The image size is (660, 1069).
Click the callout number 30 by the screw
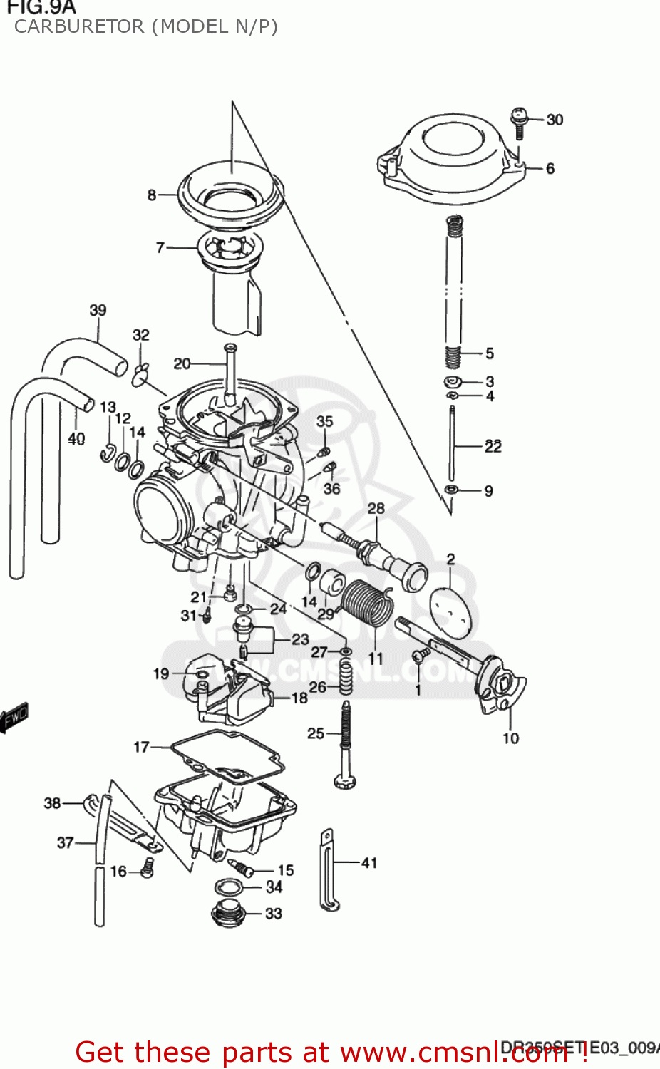555,120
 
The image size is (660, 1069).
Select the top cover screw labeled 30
519,123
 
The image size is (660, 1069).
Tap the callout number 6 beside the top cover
550,169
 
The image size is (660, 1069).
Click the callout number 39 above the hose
98,310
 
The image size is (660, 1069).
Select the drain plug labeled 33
229,914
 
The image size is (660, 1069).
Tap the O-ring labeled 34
228,887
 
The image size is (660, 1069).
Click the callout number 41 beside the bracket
369,863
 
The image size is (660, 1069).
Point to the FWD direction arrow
14,716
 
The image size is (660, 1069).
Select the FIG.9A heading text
40,7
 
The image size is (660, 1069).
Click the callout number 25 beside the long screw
316,733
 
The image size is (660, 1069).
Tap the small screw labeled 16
148,867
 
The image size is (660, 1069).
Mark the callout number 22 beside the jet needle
493,447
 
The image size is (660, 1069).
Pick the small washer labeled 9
451,490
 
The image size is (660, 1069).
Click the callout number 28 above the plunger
376,508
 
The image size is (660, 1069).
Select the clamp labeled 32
141,371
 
